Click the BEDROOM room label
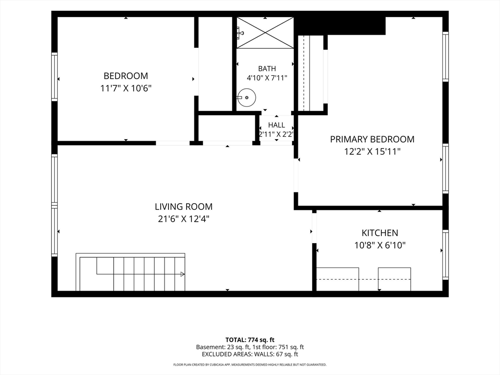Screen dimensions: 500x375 pos(125,76)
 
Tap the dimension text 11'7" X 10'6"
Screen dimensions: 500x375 pos(125,88)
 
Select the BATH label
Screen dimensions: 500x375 pos(267,68)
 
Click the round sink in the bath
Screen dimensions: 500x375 pos(247,98)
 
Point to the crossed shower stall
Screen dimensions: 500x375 pos(265,33)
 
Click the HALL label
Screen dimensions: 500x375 pos(276,125)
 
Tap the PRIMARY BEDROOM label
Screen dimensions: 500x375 pos(372,139)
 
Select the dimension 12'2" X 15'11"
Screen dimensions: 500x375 pos(372,151)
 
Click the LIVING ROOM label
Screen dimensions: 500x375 pos(184,207)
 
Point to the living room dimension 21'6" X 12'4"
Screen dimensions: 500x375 pos(184,219)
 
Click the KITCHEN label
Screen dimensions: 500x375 pos(380,233)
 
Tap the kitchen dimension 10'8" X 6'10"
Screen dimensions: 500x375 pos(380,245)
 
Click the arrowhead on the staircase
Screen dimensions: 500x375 pos(183,274)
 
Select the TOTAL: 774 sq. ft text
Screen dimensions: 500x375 pos(250,340)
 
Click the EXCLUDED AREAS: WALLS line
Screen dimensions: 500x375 pos(250,354)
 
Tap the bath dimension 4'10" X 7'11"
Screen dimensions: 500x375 pos(267,78)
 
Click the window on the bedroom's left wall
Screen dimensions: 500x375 pos(55,77)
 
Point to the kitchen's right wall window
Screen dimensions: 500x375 pos(445,255)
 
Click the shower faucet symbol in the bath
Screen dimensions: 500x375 pos(240,33)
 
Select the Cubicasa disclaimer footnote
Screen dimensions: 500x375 pos(250,364)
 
